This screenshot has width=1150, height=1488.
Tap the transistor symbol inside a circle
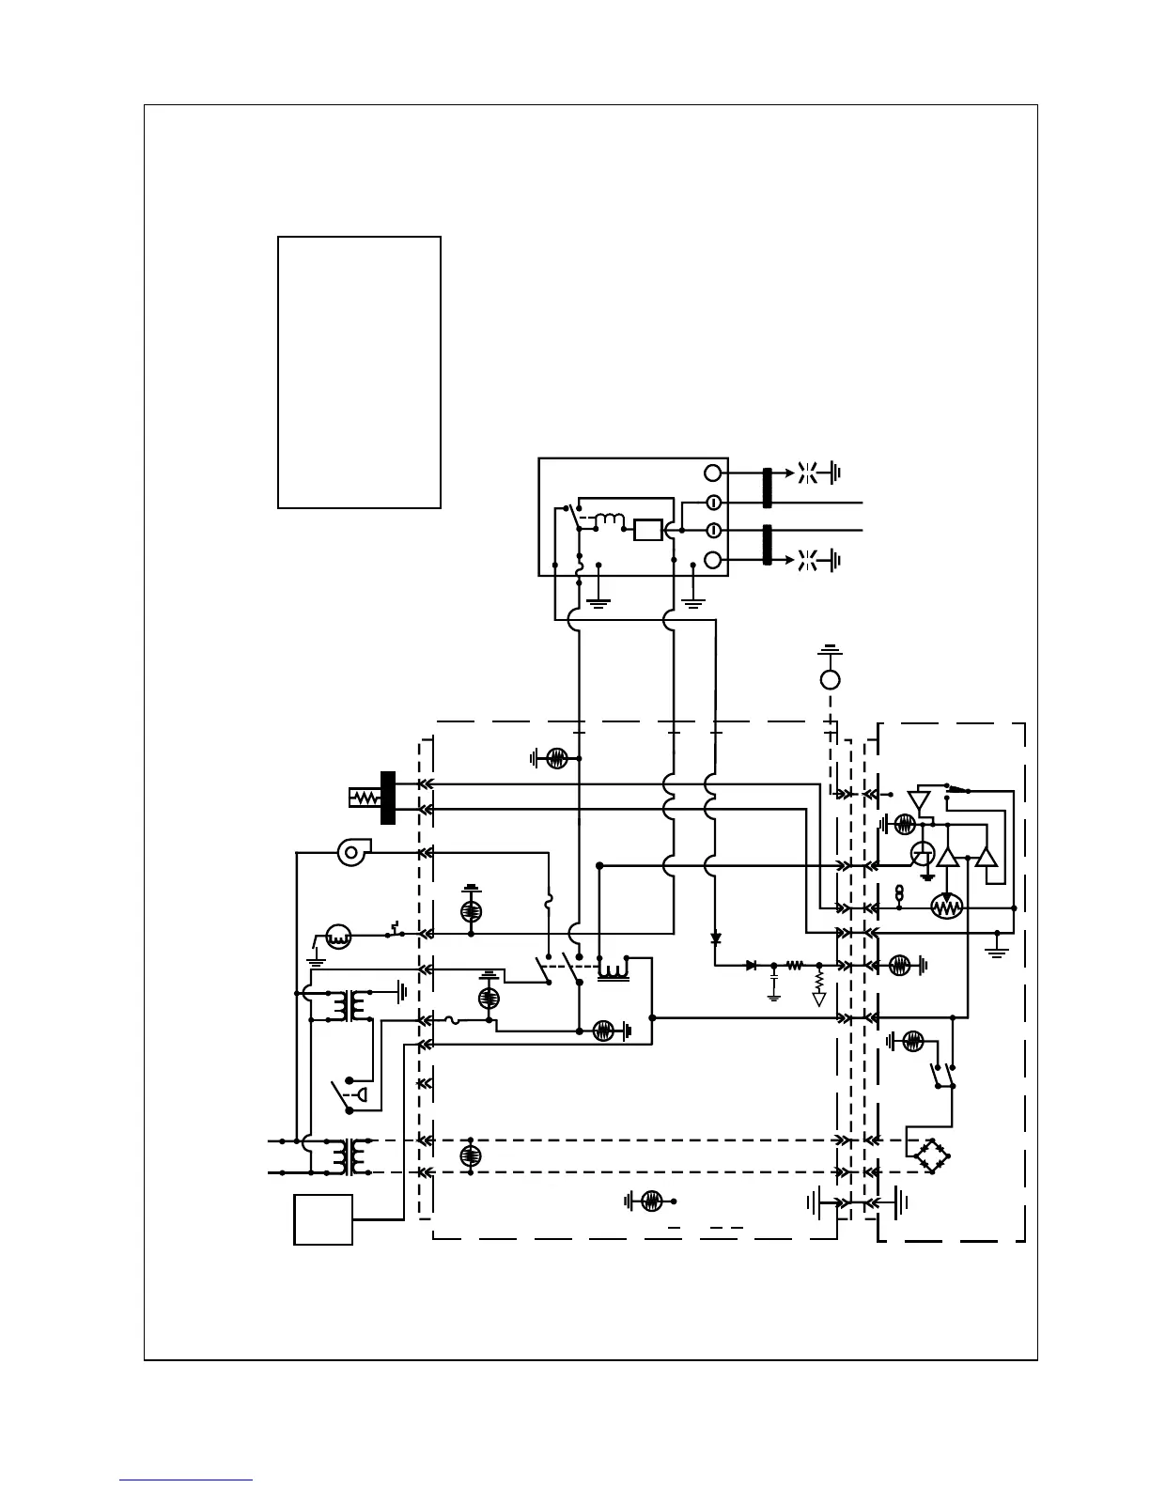click(x=923, y=854)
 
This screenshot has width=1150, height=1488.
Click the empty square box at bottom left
click(x=323, y=1219)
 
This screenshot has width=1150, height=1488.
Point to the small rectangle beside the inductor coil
click(x=647, y=530)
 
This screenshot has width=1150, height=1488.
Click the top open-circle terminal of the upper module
click(x=713, y=473)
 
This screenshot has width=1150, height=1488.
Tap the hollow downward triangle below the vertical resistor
click(x=818, y=1000)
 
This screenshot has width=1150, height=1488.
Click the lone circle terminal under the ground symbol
click(x=830, y=679)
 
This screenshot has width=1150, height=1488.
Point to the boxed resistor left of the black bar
click(x=363, y=798)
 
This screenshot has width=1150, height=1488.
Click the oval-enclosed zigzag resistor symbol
click(x=946, y=907)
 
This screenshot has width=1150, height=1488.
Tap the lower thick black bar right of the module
click(x=768, y=546)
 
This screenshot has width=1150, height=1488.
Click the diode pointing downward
click(x=715, y=938)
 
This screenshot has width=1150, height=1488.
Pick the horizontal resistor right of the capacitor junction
click(x=796, y=965)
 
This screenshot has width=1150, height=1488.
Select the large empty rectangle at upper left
click(x=359, y=372)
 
